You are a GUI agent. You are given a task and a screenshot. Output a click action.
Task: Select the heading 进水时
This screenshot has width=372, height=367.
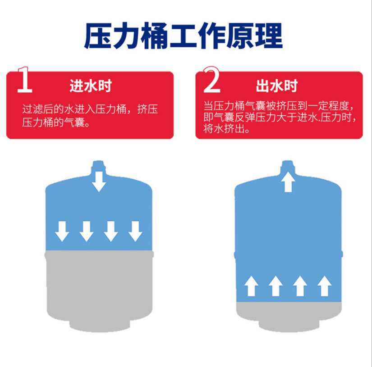[90, 86]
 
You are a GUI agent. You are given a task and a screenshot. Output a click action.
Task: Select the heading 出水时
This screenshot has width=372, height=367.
[277, 86]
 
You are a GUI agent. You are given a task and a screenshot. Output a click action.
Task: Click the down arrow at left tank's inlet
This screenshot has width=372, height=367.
[99, 182]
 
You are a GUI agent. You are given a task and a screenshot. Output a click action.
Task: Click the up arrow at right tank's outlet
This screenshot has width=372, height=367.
[289, 182]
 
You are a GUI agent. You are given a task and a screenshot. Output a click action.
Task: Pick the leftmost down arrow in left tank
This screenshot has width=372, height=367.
[62, 231]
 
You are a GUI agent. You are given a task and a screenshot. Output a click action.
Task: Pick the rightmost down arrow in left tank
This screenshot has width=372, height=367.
[135, 231]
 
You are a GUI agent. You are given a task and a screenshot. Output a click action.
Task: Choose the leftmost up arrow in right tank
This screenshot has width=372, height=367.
[251, 286]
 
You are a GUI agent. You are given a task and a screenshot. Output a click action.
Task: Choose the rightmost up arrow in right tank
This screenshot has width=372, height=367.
[324, 286]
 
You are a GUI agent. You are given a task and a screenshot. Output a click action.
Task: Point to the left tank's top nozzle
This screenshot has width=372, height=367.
[99, 166]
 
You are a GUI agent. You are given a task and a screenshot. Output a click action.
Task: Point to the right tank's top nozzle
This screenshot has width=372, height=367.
[289, 167]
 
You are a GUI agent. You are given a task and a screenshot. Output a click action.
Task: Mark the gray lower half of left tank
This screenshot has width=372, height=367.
[99, 284]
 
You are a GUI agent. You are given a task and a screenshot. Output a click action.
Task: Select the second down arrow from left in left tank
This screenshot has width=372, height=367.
[86, 231]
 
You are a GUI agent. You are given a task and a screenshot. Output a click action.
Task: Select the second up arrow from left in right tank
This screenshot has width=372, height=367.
[276, 286]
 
